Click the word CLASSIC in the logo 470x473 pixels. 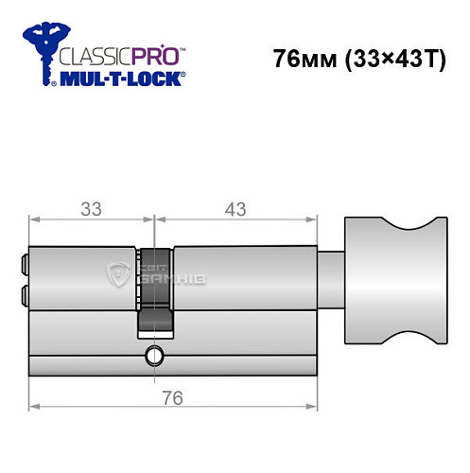click(96, 57)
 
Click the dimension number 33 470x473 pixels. click(91, 208)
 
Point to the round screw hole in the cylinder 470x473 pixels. click(152, 357)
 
